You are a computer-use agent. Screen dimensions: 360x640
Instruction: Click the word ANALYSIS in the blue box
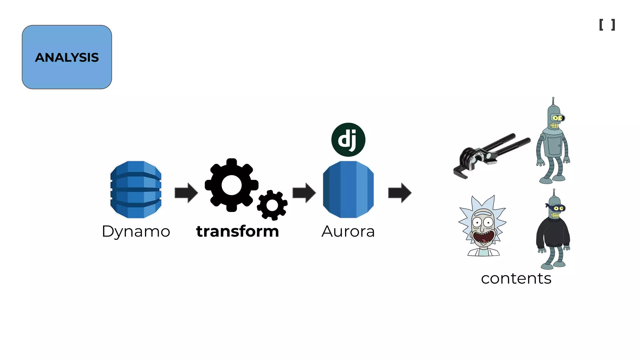pyautogui.click(x=67, y=57)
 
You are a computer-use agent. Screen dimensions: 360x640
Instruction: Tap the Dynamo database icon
pyautogui.click(x=136, y=189)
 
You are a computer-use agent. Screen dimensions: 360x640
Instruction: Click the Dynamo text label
pyautogui.click(x=136, y=232)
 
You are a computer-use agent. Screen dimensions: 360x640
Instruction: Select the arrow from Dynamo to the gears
pyautogui.click(x=186, y=193)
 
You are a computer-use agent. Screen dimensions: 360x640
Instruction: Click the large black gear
pyautogui.click(x=231, y=185)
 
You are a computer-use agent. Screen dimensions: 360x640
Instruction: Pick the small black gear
pyautogui.click(x=272, y=205)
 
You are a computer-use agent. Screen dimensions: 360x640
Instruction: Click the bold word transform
pyautogui.click(x=237, y=232)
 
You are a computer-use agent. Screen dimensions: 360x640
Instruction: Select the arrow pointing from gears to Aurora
pyautogui.click(x=304, y=193)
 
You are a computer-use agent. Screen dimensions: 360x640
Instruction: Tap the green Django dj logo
pyautogui.click(x=348, y=140)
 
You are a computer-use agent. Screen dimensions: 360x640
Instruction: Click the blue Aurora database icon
pyautogui.click(x=348, y=189)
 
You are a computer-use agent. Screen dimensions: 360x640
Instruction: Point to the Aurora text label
pyautogui.click(x=348, y=232)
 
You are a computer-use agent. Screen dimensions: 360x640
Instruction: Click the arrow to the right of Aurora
pyautogui.click(x=400, y=193)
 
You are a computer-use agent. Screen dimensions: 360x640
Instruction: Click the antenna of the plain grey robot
pyautogui.click(x=553, y=101)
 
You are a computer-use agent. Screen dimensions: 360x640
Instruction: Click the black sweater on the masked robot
pyautogui.click(x=552, y=233)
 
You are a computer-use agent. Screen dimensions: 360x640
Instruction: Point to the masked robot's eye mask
pyautogui.click(x=555, y=207)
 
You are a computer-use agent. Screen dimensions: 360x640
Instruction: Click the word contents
pyautogui.click(x=516, y=278)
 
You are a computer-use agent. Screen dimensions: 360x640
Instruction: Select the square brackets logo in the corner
pyautogui.click(x=607, y=25)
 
